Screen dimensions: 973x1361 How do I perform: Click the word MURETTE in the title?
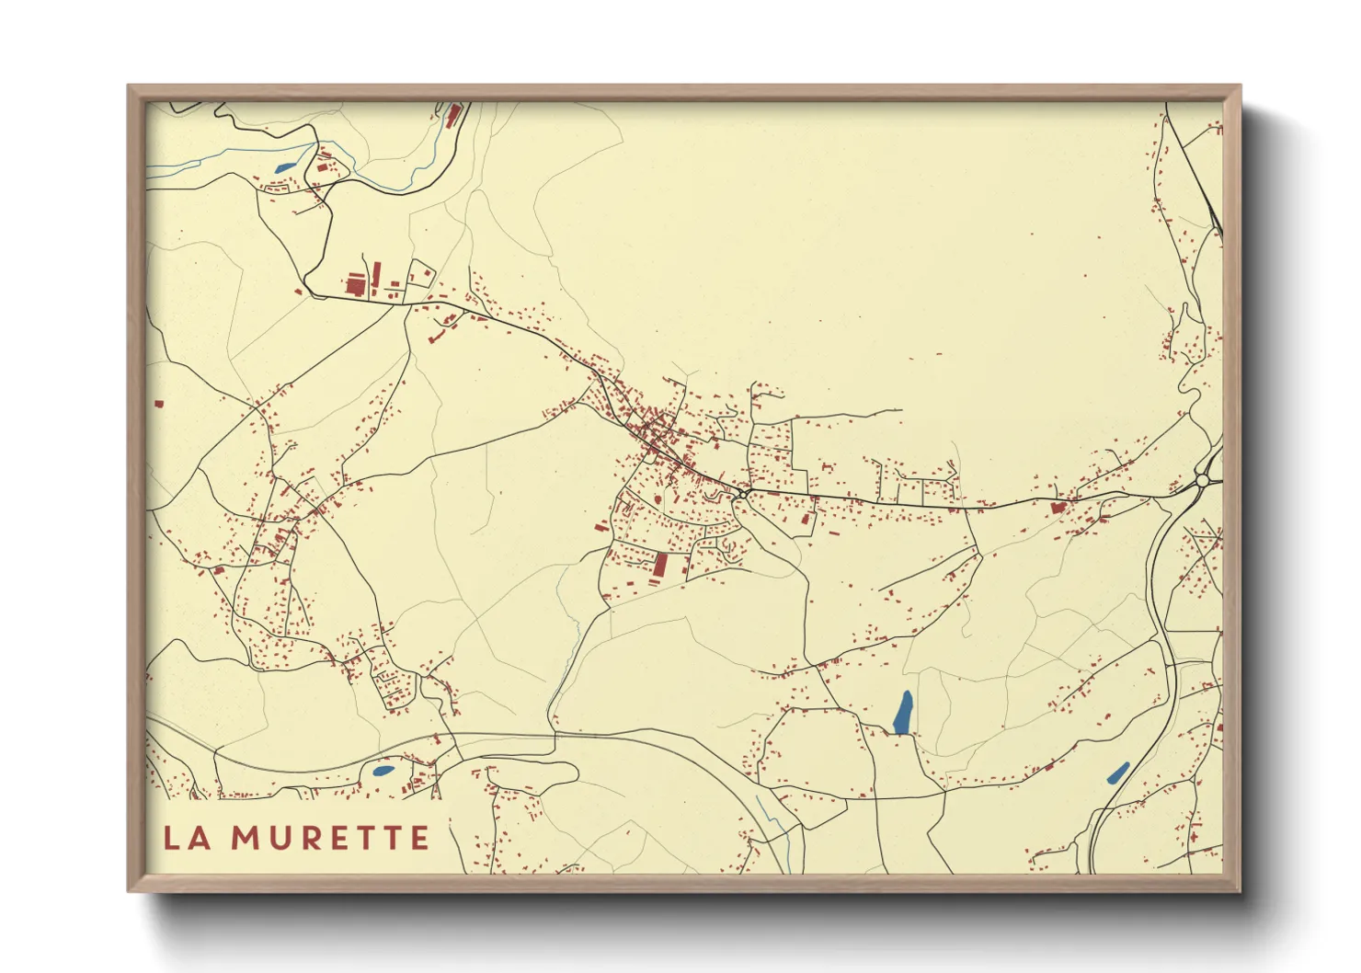click(x=329, y=838)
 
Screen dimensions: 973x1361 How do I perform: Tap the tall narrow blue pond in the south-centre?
click(x=903, y=713)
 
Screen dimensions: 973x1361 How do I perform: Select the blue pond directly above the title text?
click(x=383, y=771)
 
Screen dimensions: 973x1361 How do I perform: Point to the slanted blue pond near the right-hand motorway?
click(x=1118, y=773)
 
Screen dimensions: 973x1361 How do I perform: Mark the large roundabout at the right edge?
click(x=1203, y=480)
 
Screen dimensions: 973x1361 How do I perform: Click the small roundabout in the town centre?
click(x=742, y=494)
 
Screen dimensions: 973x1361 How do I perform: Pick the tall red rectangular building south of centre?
click(x=659, y=564)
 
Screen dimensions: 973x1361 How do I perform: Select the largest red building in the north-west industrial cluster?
click(x=355, y=285)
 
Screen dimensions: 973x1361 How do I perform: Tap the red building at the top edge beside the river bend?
click(x=452, y=115)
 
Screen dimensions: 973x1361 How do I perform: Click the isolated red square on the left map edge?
click(x=158, y=403)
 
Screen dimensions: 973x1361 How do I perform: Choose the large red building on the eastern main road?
click(x=1057, y=507)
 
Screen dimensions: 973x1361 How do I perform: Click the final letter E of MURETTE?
click(x=419, y=838)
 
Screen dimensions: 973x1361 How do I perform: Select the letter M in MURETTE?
click(x=245, y=838)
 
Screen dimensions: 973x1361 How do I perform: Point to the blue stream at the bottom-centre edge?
click(x=777, y=828)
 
